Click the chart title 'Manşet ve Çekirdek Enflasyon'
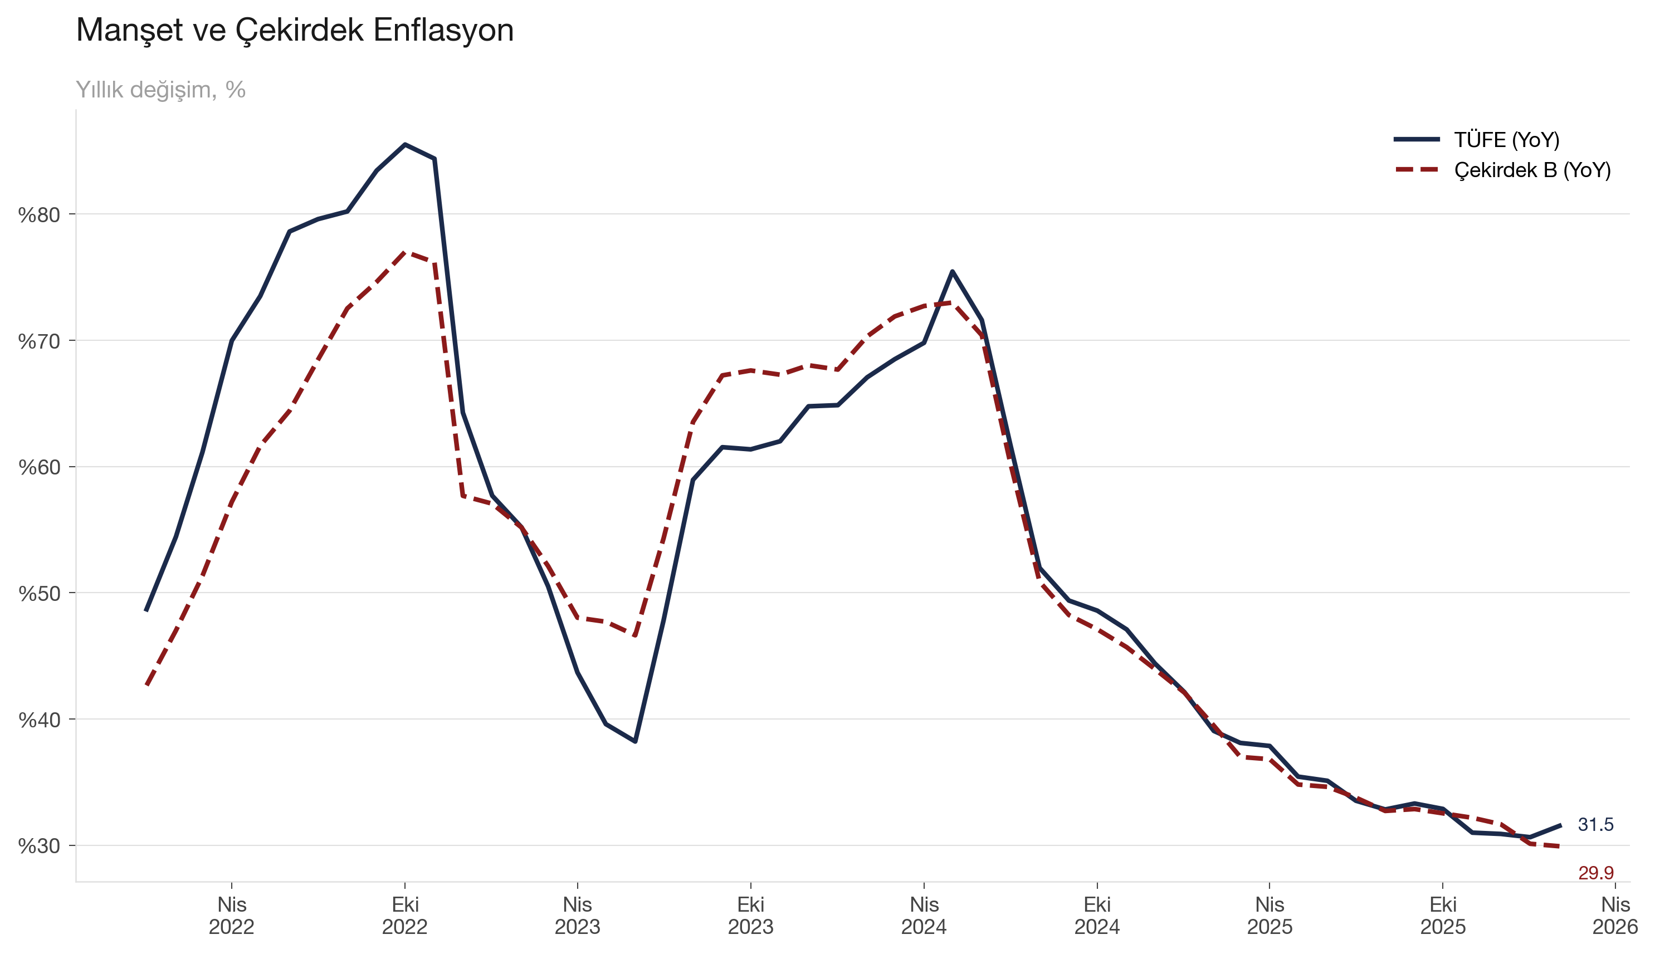(x=294, y=30)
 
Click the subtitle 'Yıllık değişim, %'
(x=160, y=90)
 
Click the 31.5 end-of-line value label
(x=1595, y=825)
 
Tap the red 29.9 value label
(x=1595, y=873)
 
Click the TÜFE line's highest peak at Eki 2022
(x=405, y=144)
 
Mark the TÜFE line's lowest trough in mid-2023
(x=636, y=741)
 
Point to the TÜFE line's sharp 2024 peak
(x=952, y=271)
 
